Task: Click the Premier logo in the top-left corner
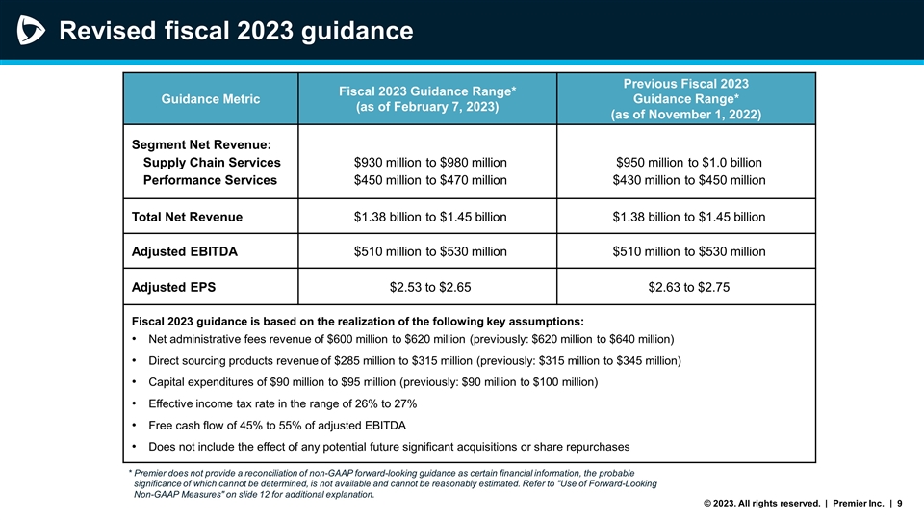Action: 31,32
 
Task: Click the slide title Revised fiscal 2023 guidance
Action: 236,32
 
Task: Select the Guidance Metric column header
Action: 210,98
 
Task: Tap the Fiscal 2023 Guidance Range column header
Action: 427,98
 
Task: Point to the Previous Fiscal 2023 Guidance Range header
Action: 686,98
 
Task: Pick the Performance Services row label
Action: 210,180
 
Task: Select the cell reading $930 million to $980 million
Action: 430,162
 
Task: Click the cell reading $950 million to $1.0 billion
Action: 688,162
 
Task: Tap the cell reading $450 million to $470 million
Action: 430,180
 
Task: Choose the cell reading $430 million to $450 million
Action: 688,180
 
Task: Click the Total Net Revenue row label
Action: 187,217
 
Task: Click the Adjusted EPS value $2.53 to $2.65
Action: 430,287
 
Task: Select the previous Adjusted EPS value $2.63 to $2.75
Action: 688,287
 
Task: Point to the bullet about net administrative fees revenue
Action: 410,340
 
